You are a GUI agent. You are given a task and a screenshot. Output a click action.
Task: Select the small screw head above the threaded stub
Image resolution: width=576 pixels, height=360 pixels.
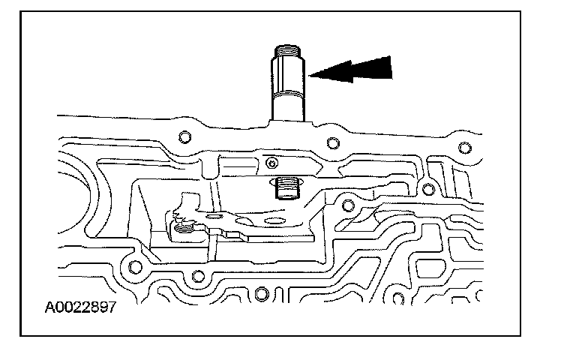click(x=272, y=161)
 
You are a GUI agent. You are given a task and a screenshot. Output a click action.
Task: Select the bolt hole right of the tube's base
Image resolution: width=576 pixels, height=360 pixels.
click(x=332, y=142)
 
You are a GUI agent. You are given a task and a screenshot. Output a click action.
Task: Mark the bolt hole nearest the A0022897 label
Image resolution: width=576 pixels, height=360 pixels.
click(x=135, y=265)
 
